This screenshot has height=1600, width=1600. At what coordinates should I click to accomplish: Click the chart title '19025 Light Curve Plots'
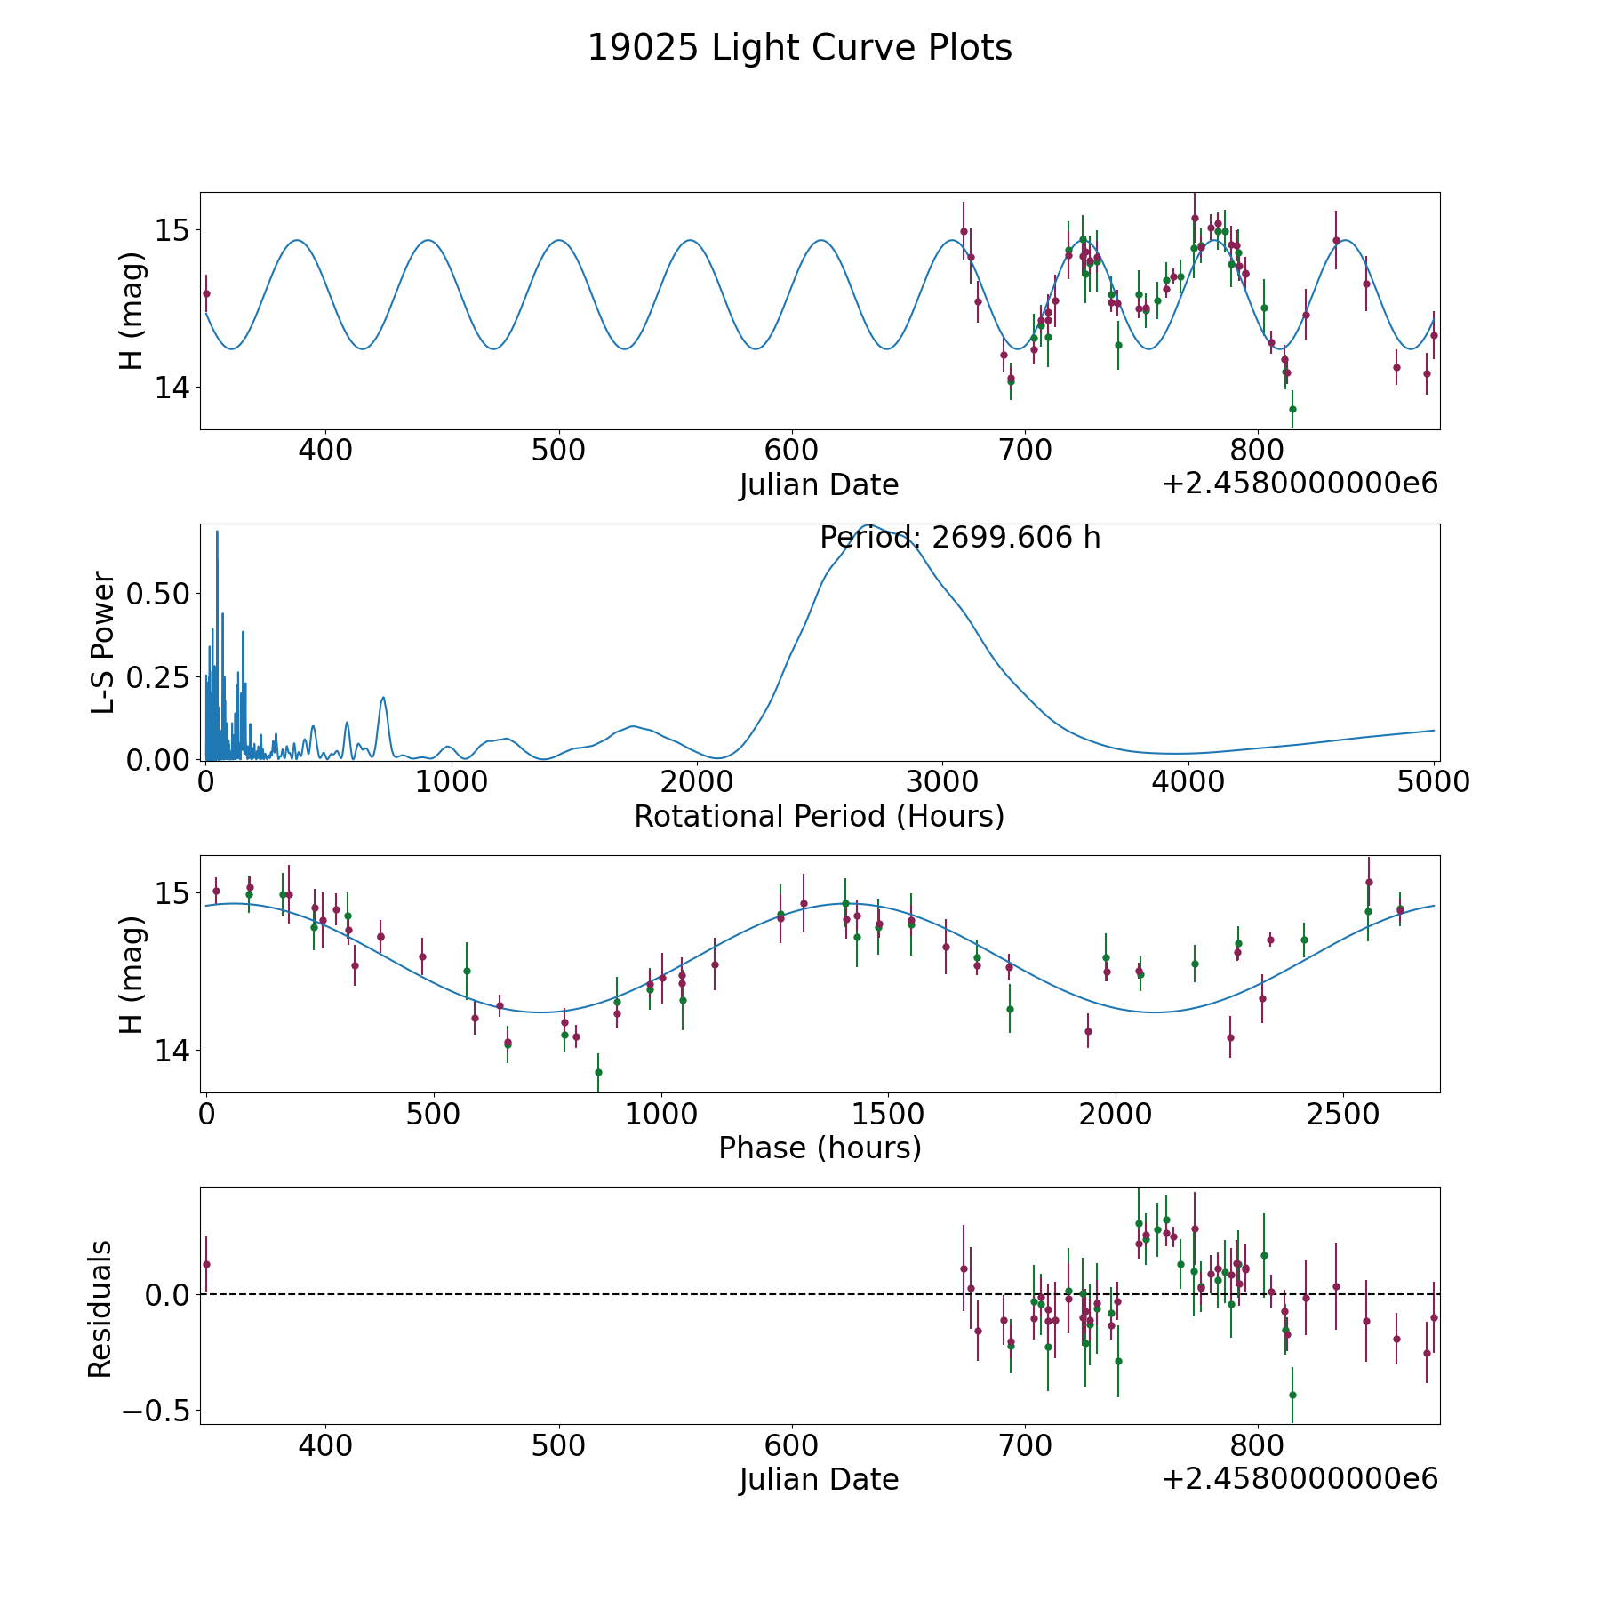[x=799, y=48]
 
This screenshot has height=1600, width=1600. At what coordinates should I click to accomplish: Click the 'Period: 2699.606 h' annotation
[x=960, y=538]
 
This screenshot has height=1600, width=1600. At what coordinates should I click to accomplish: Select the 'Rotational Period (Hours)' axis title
[x=819, y=816]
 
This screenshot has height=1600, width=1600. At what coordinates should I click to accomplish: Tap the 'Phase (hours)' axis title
[x=820, y=1148]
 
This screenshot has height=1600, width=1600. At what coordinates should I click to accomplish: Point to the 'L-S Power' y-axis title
[x=103, y=642]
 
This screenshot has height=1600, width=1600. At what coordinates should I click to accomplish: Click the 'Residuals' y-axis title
[x=100, y=1308]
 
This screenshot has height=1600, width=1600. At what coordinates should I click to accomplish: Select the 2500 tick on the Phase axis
[x=1340, y=1114]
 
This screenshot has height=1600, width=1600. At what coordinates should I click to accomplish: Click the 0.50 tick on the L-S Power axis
[x=158, y=594]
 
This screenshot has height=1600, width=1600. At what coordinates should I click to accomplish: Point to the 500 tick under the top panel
[x=558, y=451]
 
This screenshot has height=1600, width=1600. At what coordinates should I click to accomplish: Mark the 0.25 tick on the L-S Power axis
[x=158, y=677]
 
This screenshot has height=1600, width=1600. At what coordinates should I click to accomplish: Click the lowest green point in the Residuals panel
[x=1292, y=1395]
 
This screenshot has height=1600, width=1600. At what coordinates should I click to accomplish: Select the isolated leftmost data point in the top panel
[x=206, y=293]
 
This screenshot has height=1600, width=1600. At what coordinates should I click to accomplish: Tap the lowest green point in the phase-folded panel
[x=598, y=1072]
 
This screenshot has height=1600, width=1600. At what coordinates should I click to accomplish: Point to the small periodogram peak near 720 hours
[x=383, y=698]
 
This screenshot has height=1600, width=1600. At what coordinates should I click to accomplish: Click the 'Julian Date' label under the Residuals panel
[x=819, y=1479]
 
